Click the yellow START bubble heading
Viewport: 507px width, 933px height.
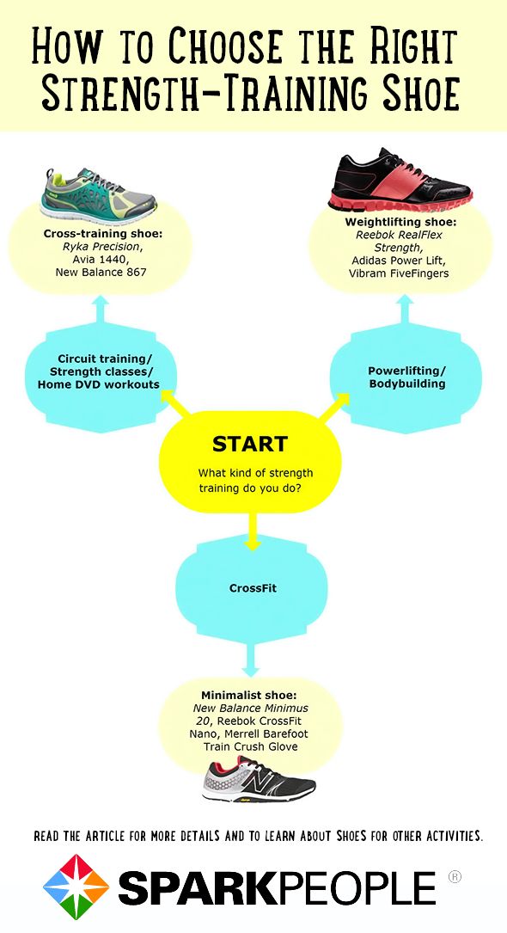[250, 444]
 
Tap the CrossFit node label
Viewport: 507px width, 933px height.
[253, 588]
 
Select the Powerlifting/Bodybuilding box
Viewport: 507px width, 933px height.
[406, 377]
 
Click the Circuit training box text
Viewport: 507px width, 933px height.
[99, 371]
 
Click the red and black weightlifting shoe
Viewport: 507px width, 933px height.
[400, 181]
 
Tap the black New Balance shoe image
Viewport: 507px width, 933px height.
[259, 780]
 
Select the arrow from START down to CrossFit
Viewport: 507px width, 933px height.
[252, 531]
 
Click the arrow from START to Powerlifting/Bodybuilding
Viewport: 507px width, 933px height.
[335, 407]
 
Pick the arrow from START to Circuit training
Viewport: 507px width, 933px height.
[175, 405]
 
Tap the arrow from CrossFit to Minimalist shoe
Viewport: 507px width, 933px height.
[251, 660]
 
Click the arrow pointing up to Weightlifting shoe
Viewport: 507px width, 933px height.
[406, 310]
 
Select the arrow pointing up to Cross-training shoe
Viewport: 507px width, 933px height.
[101, 310]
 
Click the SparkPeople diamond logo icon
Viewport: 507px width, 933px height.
[76, 887]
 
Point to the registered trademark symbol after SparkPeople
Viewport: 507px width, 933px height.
[454, 876]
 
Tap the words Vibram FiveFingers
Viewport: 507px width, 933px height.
[399, 273]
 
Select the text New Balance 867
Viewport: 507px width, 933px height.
[101, 272]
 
